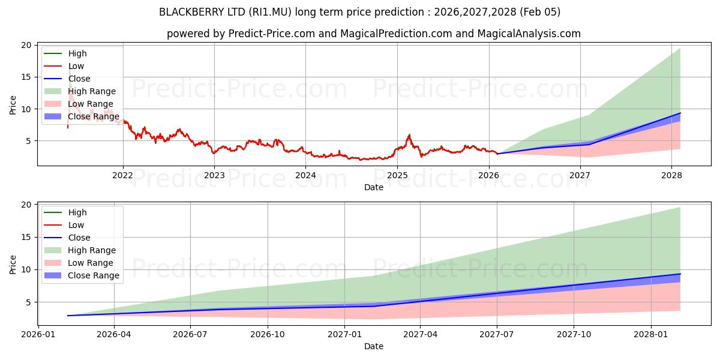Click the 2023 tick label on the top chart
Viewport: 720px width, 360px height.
(x=214, y=175)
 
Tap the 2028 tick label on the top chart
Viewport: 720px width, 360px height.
(x=671, y=175)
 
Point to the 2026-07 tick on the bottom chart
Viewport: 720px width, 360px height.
(x=190, y=335)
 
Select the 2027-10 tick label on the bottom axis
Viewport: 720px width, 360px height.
(x=574, y=335)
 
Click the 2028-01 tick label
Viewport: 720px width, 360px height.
(x=651, y=335)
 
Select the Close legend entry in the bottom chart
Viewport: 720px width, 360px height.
(x=79, y=238)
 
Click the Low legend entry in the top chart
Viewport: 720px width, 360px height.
(x=76, y=66)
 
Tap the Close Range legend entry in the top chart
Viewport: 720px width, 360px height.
(x=94, y=116)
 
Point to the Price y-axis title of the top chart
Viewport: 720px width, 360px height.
(x=13, y=104)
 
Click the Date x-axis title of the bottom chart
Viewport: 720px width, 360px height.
(x=374, y=346)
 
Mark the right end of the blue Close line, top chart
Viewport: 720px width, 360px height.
(x=680, y=113)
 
